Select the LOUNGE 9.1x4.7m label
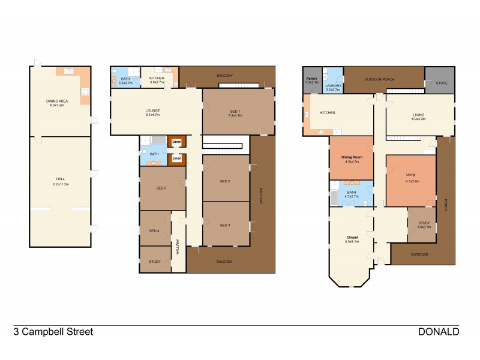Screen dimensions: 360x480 point(152,112)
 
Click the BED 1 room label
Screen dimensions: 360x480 point(235,112)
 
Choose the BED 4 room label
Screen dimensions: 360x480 point(154,230)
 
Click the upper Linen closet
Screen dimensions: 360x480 point(177,142)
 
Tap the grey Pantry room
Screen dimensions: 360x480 point(312,80)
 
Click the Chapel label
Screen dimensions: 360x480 point(351,239)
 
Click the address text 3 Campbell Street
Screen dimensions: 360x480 point(53,332)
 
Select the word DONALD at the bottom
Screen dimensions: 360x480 point(439,332)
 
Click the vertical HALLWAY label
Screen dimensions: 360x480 point(178,247)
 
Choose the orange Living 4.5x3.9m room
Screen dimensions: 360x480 point(410,180)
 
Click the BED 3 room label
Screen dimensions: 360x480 point(225,225)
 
